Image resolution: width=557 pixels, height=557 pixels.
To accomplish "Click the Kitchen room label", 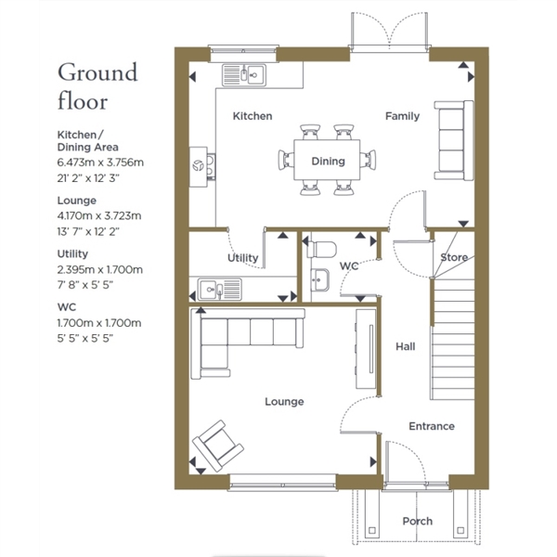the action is tap(253, 116).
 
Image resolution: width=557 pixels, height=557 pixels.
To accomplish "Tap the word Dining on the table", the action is tap(328, 162).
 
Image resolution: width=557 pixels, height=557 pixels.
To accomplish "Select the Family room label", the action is tap(403, 116).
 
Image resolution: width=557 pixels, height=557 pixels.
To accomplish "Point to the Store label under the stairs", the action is tap(454, 257).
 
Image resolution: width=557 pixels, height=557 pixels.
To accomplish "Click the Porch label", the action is tap(418, 521).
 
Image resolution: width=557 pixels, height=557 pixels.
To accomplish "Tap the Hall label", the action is tap(406, 346).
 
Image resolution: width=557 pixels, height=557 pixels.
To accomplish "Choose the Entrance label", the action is tap(432, 426).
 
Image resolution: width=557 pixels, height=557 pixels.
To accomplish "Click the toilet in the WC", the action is tap(321, 250).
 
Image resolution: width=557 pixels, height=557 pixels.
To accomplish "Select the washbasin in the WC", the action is tap(319, 280).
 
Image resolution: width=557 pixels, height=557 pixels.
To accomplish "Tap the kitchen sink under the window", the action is tap(244, 75).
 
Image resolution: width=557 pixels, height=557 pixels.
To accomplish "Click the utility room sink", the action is tap(219, 289).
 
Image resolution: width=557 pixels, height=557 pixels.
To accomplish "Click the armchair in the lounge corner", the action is tap(218, 446).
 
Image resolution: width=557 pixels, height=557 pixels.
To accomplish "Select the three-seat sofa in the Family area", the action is tap(454, 140).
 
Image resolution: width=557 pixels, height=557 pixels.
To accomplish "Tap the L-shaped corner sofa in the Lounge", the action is tap(247, 343).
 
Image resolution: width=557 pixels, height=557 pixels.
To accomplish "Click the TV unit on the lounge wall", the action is tap(366, 349).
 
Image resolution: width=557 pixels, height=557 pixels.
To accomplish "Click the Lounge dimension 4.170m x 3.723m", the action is tap(99, 215).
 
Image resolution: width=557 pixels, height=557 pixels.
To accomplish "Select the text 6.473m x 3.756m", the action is tap(100, 162).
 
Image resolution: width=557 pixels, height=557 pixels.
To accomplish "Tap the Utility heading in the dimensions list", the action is tap(72, 253).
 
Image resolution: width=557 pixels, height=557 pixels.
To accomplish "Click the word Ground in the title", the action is tap(97, 72).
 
